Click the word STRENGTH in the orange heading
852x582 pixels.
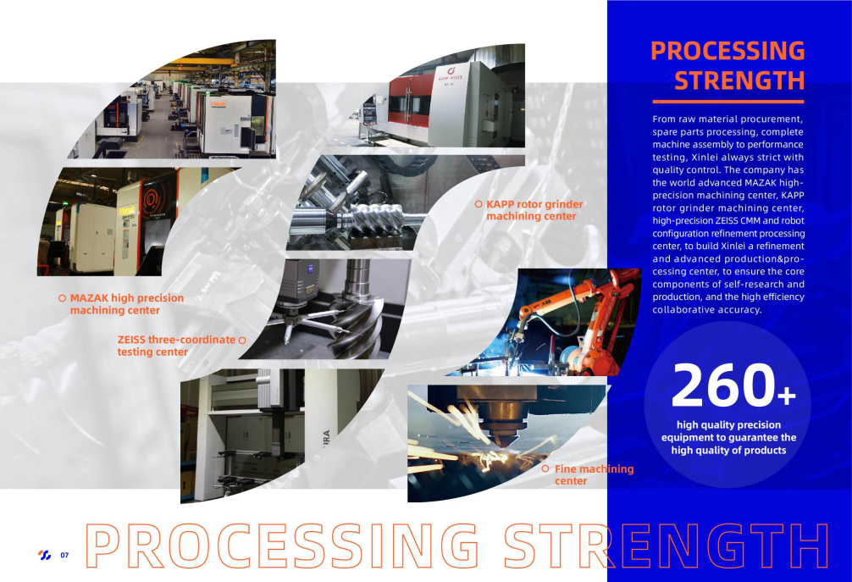[x=739, y=80]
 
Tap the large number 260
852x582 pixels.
[x=723, y=385]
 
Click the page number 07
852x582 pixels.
[x=64, y=555]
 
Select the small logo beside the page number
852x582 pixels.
[x=45, y=555]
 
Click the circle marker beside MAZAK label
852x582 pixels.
[x=62, y=298]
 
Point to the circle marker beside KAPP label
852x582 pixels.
[x=479, y=204]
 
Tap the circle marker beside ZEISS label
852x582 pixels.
[x=242, y=341]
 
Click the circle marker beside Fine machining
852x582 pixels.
[x=545, y=468]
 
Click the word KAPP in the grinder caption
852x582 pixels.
[x=500, y=204]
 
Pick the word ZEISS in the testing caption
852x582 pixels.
[x=131, y=340]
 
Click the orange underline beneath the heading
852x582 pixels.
[x=728, y=102]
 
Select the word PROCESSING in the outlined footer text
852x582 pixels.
[x=283, y=546]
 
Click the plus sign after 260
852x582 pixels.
[x=786, y=395]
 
